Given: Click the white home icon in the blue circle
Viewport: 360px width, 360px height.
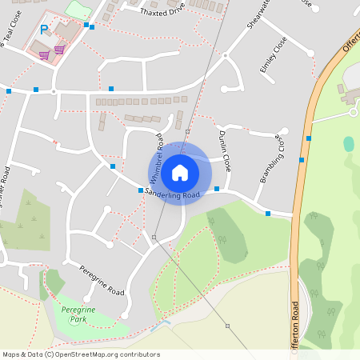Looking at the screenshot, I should (x=180, y=172).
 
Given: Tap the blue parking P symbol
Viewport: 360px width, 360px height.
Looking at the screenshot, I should (x=44, y=30).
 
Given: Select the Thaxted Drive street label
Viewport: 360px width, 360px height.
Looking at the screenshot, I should (x=162, y=12).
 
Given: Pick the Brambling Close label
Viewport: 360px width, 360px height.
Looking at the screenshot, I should (x=271, y=157).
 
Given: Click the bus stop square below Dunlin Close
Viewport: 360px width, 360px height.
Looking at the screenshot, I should (x=217, y=189).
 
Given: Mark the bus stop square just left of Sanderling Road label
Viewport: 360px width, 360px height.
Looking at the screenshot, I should (x=140, y=190).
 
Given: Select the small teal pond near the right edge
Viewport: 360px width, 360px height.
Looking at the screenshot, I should (x=349, y=144).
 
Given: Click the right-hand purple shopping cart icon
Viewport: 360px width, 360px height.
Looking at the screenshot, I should (x=60, y=49).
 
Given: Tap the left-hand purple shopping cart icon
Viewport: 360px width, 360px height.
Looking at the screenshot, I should (x=44, y=55).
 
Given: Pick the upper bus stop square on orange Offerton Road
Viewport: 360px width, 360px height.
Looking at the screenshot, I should (x=308, y=138).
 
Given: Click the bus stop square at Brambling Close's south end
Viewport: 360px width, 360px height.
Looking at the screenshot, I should (x=268, y=213).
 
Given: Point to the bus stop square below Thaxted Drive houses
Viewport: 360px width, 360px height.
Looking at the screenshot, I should (x=111, y=88).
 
